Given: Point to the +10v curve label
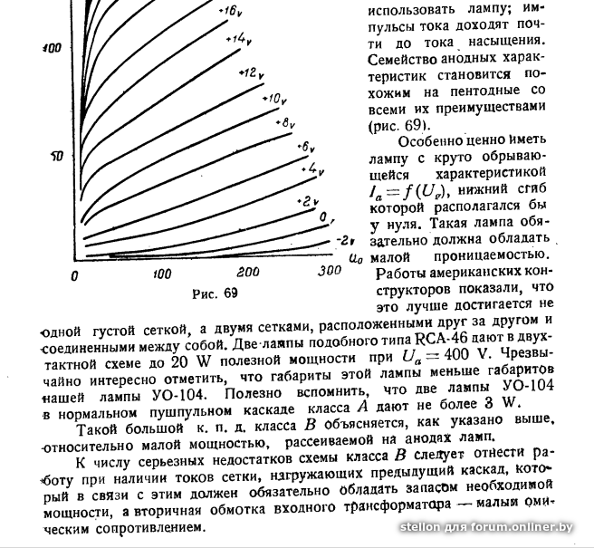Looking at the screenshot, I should (275, 98).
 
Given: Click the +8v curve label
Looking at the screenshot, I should (287, 121).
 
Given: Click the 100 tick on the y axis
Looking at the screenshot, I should (51, 47).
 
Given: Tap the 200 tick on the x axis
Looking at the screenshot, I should (246, 273).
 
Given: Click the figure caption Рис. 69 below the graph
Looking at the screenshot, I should (216, 293).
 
